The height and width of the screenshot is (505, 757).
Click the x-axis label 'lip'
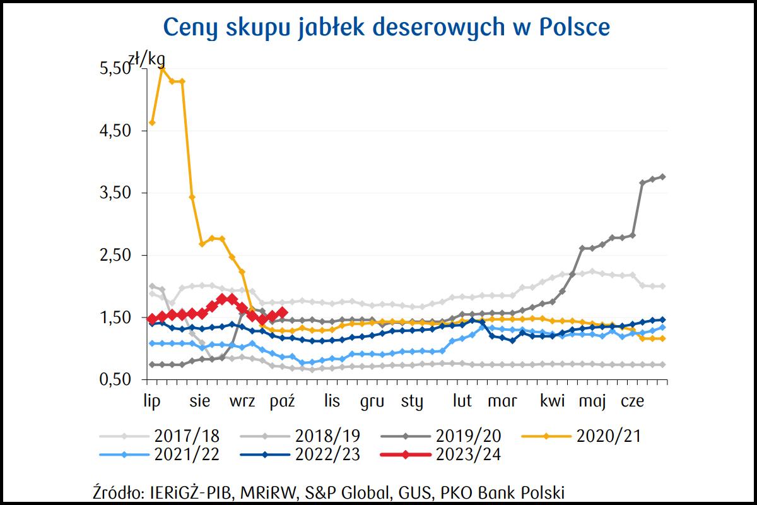[x=153, y=402]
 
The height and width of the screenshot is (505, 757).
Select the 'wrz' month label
[x=242, y=402]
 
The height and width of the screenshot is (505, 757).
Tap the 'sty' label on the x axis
[x=412, y=402]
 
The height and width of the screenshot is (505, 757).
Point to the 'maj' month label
[x=592, y=402]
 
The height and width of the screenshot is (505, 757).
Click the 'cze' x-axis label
[x=633, y=402]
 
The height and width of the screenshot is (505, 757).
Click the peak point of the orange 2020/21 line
[x=162, y=68]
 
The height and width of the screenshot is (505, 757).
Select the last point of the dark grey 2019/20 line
[x=663, y=177]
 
